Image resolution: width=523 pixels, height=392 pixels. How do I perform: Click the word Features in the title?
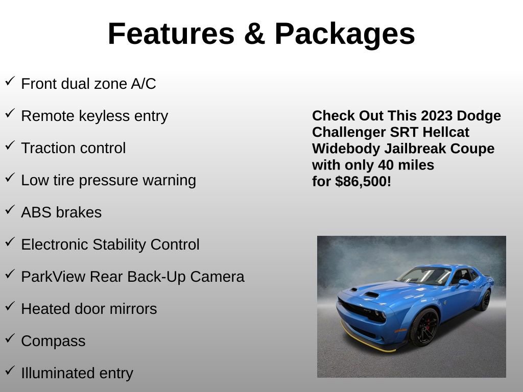(171, 34)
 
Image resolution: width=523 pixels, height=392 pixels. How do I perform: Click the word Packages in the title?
(345, 34)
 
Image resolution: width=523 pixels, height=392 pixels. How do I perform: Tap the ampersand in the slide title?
(254, 34)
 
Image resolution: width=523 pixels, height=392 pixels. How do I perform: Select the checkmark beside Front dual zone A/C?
(10, 81)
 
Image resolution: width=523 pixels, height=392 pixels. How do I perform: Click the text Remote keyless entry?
(94, 116)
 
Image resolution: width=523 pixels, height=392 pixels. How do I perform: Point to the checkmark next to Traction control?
(10, 145)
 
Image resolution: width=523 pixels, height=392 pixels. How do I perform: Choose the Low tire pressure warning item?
(108, 180)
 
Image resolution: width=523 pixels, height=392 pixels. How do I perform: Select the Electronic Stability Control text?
(110, 244)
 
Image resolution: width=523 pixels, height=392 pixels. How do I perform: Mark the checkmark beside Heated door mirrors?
(10, 306)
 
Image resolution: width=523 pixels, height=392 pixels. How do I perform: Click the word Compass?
(53, 341)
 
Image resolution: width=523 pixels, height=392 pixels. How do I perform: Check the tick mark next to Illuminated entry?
(10, 371)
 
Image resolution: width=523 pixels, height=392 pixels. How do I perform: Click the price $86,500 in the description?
(363, 182)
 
